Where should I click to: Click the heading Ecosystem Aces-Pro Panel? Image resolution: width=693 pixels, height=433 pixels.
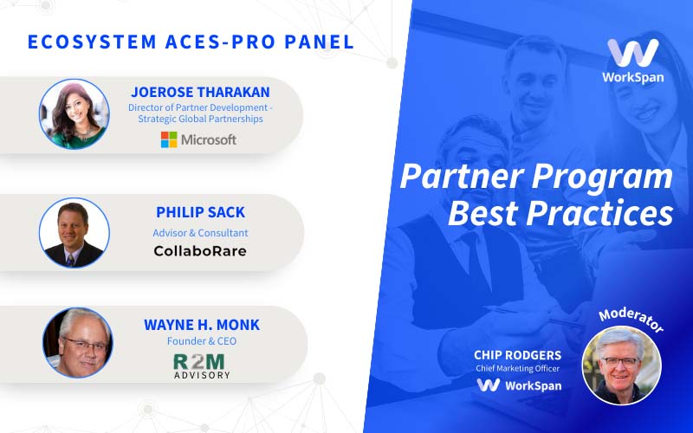(x=191, y=42)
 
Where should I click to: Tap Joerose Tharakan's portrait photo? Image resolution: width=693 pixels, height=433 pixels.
(x=74, y=114)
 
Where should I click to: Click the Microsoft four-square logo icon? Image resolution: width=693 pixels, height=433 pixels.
(x=169, y=139)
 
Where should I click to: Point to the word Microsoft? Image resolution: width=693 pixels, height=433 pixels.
(x=208, y=139)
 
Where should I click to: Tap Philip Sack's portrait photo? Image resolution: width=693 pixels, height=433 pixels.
(x=74, y=232)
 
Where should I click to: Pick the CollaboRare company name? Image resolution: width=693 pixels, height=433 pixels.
(x=200, y=252)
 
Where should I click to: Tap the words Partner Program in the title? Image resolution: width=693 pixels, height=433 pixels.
(x=535, y=178)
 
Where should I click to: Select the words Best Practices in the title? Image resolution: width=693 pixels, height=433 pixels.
(x=560, y=213)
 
